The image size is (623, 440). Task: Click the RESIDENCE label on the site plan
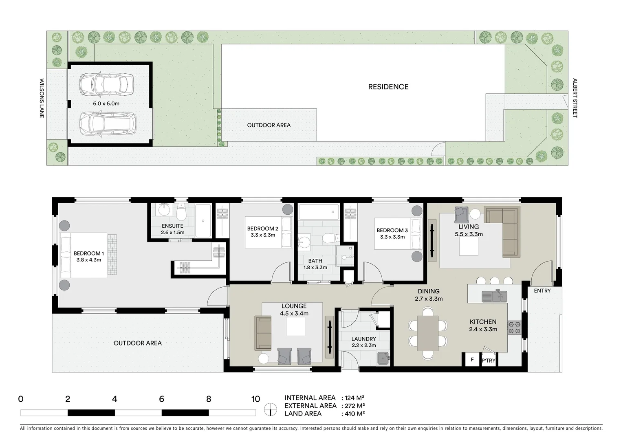[x=388, y=87]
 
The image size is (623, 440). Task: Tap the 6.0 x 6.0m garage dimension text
[x=106, y=103]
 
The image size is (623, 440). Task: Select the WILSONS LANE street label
[x=42, y=98]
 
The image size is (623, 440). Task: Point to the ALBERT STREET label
[x=575, y=98]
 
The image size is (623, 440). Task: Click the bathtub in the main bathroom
[x=319, y=212]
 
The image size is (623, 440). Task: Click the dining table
[x=427, y=333]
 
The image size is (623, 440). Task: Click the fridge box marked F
[x=472, y=360]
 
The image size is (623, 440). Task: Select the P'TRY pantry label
[x=489, y=361]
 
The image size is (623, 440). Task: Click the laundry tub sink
[x=383, y=359]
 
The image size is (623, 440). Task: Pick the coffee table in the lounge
[x=295, y=326]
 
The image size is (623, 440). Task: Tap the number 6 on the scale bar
[x=161, y=399]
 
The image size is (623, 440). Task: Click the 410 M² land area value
[x=353, y=414]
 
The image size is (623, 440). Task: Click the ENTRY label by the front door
[x=542, y=290]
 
